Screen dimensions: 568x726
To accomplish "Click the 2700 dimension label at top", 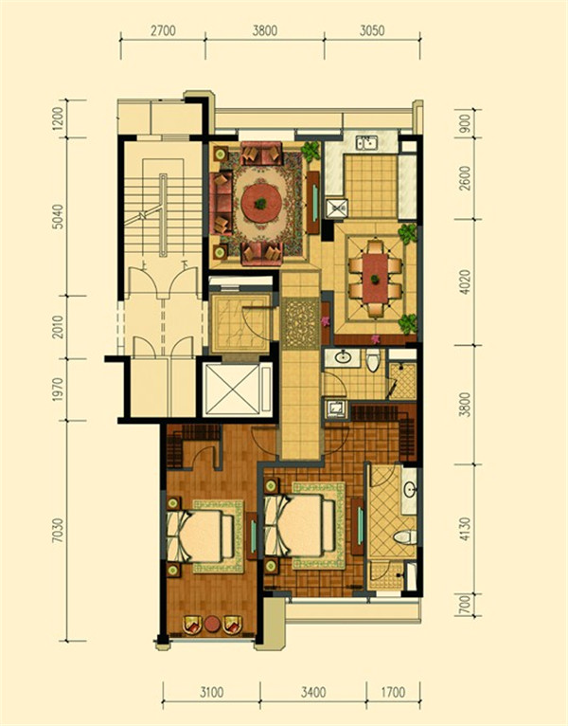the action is point(163,30).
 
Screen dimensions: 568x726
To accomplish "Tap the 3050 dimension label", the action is point(372,30).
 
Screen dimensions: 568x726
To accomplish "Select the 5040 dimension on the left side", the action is point(58,216).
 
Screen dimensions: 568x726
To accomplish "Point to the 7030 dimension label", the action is point(58,530).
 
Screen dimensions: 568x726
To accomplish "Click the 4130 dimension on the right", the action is point(465,529).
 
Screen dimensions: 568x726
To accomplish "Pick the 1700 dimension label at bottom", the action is point(393,693).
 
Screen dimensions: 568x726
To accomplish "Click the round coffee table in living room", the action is point(261,203).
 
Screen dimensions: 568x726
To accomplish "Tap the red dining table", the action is point(375,279).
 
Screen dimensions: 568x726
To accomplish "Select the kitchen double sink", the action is point(367,142).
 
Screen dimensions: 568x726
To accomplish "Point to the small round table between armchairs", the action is point(213,624).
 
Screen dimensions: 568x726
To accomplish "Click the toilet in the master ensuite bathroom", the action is point(405,537).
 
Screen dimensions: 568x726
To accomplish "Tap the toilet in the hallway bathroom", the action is point(373,360).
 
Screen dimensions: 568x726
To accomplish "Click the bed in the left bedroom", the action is point(200,535).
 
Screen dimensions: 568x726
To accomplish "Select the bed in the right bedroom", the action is point(300,524).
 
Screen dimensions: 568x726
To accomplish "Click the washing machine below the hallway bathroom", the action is point(335,408).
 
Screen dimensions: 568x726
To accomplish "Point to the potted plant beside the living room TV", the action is point(311,150).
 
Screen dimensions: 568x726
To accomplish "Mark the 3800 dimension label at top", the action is point(264,30).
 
